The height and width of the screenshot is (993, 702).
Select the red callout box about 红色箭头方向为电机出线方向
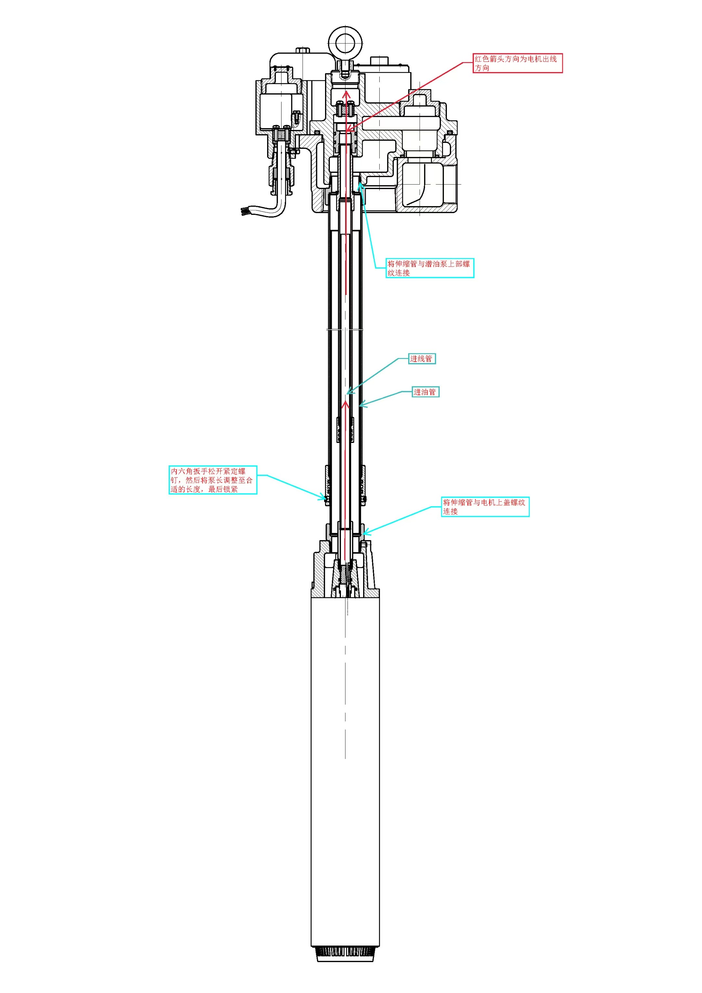(x=518, y=63)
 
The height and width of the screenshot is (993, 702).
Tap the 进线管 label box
(x=422, y=358)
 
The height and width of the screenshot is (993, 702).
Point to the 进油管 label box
(x=425, y=392)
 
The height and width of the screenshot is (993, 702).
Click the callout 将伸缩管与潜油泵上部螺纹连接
(x=430, y=268)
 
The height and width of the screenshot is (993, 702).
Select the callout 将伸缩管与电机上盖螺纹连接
(x=485, y=507)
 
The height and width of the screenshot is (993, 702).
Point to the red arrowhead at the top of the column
(x=346, y=93)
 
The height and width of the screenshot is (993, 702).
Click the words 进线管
(x=421, y=358)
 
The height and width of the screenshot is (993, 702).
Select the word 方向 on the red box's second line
(x=482, y=68)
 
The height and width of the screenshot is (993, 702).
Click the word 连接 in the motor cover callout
(x=450, y=511)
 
